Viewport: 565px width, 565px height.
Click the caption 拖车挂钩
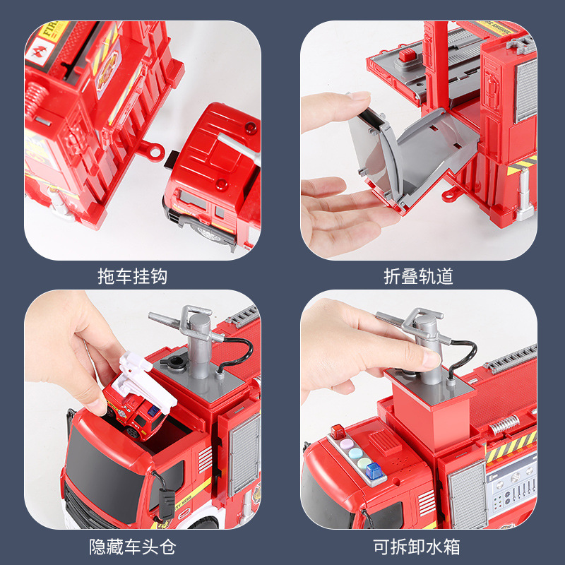(132, 276)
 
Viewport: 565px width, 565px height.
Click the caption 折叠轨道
(418, 276)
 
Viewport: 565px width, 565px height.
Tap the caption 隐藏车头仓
(132, 547)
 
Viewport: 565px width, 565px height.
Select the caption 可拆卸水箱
(417, 547)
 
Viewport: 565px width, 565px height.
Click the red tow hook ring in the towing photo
(152, 150)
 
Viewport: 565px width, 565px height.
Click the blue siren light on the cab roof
(374, 470)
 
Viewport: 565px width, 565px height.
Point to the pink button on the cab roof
(347, 443)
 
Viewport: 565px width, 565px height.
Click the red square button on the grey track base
(408, 55)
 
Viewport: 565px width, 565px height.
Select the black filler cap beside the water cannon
(174, 362)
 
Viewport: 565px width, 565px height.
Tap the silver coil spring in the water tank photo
(504, 425)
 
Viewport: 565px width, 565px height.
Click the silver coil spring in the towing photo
(36, 98)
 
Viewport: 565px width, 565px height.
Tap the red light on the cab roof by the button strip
(338, 432)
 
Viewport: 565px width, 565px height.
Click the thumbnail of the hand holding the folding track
(419, 140)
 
